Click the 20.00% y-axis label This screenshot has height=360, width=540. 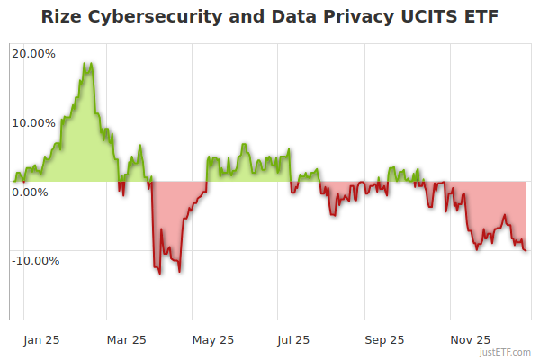[x=34, y=54]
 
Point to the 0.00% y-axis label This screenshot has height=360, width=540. [x=31, y=192]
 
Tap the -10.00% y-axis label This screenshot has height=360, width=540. [x=36, y=261]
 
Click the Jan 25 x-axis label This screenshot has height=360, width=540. [x=42, y=339]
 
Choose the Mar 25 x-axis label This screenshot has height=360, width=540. [x=127, y=339]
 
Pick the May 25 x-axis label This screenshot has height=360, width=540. [x=213, y=339]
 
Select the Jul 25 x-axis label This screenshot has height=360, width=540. [x=293, y=339]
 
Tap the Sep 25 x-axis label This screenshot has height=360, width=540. [x=384, y=339]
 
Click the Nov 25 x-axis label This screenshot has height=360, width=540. [x=470, y=339]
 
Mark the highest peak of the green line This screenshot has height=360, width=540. [x=87, y=64]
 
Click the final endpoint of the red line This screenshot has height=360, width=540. [x=526, y=251]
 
